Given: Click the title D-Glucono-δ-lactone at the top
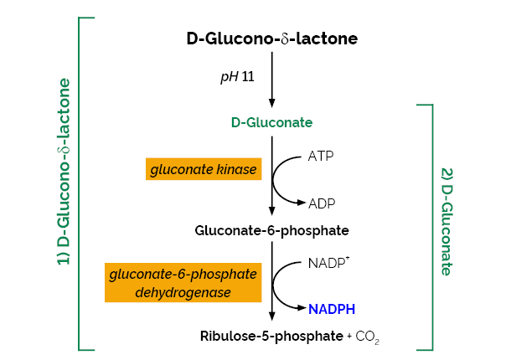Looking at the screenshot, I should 271,39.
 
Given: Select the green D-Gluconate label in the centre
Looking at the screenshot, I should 271,122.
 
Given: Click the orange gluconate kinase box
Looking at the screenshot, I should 204,170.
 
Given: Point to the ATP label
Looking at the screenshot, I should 321,156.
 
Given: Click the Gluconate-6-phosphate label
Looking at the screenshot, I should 271,229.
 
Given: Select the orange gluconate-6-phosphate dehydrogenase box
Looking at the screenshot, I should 182,283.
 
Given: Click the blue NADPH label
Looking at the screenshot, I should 332,309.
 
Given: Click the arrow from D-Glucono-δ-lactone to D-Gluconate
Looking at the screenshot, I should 271,80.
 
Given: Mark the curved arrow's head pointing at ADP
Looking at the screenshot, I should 302,202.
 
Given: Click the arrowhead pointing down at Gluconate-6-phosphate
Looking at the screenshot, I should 271,213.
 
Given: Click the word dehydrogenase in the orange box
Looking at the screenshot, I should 182,293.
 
